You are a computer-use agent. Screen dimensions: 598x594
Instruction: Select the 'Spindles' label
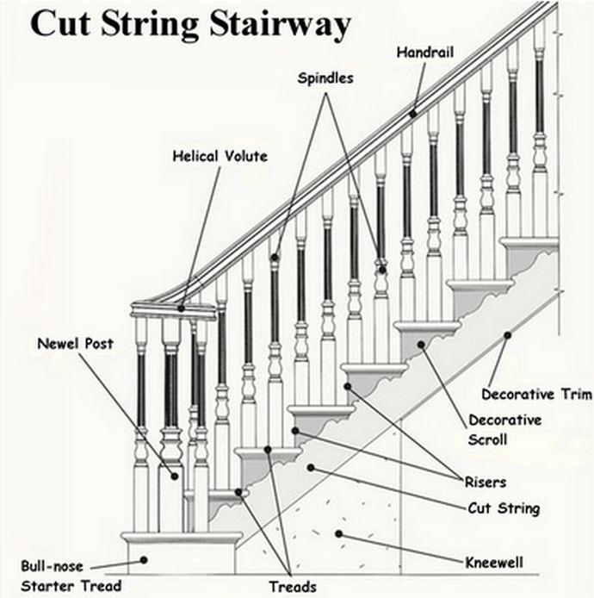(325, 78)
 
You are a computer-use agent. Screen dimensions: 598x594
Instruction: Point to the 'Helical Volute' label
(220, 157)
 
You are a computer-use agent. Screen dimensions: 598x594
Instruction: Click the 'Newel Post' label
(75, 344)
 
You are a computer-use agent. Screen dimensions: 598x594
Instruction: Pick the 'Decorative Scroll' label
(504, 430)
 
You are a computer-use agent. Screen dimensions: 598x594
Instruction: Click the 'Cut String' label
(503, 508)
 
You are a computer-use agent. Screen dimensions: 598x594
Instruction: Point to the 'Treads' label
(293, 587)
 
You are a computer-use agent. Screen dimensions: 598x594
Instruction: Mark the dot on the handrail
(413, 112)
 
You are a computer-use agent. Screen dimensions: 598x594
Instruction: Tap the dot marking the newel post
(175, 475)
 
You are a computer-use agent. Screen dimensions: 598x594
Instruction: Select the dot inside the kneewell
(339, 534)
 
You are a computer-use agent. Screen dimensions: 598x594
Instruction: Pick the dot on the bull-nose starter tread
(145, 560)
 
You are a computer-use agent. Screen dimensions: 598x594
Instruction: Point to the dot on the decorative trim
(508, 334)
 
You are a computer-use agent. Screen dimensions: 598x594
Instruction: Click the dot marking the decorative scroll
(422, 345)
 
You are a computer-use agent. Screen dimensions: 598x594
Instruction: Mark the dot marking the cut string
(310, 468)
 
